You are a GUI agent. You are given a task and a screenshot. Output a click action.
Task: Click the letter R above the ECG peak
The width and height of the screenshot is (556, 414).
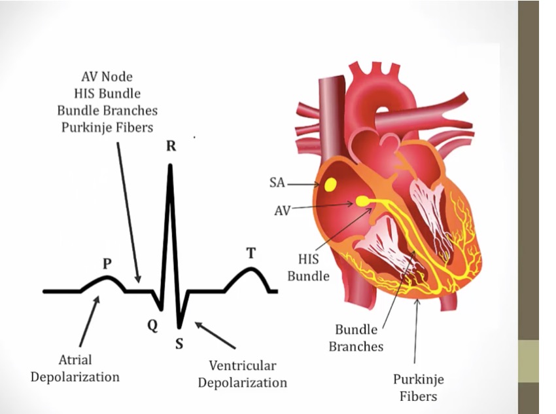click(171, 145)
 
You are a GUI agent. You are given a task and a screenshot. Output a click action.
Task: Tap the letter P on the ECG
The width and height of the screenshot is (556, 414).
click(107, 264)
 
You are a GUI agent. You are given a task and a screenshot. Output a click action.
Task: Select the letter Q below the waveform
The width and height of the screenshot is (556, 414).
click(152, 325)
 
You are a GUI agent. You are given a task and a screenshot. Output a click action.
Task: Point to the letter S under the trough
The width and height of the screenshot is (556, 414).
click(179, 343)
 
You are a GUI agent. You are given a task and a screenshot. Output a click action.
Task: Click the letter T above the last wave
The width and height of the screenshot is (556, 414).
click(251, 253)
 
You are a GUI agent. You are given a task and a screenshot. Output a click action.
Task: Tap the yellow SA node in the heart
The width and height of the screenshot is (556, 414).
click(330, 185)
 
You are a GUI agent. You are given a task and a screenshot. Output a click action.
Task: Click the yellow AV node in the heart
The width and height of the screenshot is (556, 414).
click(362, 201)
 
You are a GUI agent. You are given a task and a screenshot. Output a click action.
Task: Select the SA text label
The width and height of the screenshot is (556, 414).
click(277, 183)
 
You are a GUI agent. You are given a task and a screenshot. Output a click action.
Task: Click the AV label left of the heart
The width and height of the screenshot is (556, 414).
click(283, 211)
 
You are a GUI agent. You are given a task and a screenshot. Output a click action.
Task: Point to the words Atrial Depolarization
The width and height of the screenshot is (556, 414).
click(75, 368)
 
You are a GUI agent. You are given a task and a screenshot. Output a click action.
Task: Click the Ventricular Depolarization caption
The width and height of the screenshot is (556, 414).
click(243, 374)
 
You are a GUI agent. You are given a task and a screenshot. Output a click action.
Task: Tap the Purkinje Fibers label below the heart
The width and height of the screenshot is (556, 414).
click(419, 387)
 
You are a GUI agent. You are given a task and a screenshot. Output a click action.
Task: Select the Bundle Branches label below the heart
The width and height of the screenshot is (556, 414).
click(356, 338)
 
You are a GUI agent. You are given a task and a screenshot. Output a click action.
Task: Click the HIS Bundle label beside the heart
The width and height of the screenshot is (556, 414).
click(309, 267)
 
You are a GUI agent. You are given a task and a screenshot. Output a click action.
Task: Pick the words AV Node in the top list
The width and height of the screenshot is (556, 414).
click(107, 77)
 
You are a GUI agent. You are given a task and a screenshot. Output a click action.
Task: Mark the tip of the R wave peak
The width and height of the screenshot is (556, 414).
click(171, 164)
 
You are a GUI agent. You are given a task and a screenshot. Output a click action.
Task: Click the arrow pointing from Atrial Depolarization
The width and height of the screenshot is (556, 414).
click(90, 322)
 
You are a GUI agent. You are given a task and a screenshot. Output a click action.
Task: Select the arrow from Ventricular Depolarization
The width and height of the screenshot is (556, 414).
click(215, 335)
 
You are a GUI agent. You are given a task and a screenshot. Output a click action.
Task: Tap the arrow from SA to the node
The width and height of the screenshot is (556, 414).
click(303, 185)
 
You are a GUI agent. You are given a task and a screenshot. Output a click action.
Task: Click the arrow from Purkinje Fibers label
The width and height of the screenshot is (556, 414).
click(416, 331)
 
